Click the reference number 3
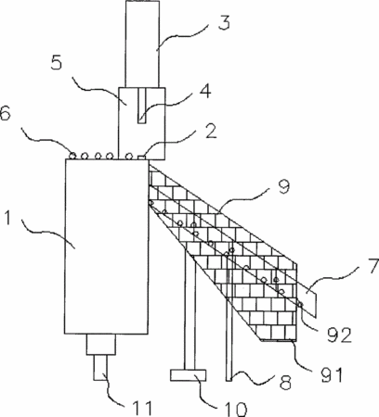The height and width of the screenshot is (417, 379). tap(224, 23)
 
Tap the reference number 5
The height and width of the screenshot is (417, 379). tap(57, 63)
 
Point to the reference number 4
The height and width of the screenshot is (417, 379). tap(204, 91)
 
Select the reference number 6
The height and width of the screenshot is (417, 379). tap(5, 114)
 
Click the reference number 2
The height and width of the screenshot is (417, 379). tap(211, 132)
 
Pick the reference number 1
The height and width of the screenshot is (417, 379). tap(8, 218)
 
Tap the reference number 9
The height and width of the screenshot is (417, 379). tap(283, 186)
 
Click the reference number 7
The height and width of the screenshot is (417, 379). tap(373, 266)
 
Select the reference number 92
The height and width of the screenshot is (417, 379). tap(340, 335)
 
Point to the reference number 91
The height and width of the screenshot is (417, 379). tap(332, 374)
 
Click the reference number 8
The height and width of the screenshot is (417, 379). tap(285, 382)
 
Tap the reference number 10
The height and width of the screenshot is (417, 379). tap(235, 409)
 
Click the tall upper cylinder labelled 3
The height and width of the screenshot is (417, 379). tap(142, 44)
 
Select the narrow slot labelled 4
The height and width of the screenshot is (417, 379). tap(142, 106)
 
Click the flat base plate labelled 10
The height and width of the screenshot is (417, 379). tap(188, 375)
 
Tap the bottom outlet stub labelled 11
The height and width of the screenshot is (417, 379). tap(100, 368)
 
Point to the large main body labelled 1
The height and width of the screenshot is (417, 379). tap(107, 246)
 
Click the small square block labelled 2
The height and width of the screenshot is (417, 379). tap(141, 158)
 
